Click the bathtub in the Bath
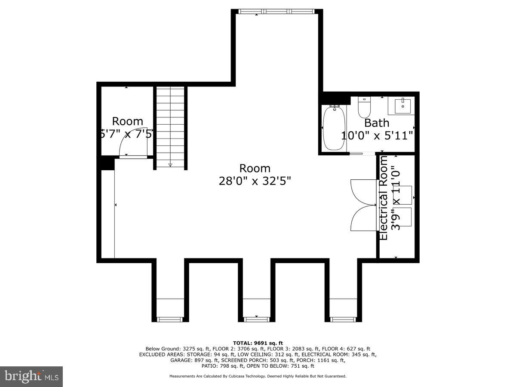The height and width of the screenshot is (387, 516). coord(334,129)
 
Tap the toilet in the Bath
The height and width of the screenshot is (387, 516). coord(364,108)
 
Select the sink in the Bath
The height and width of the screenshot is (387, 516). coord(402,105)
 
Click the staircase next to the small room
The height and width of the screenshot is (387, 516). coord(170,125)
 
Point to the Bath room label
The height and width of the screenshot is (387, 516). coord(377,123)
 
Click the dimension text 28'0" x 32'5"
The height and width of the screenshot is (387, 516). coord(255,181)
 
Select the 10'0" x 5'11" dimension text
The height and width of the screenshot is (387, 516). coord(377,136)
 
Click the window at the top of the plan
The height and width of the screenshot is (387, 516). coord(277,12)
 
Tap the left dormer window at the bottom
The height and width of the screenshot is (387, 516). coord(170,319)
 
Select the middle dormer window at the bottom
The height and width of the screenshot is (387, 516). coord(257,319)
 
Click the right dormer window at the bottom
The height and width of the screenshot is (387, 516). coord(344,319)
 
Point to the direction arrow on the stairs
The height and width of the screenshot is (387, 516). coord(170,164)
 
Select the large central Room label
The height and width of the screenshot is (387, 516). coord(255,168)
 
